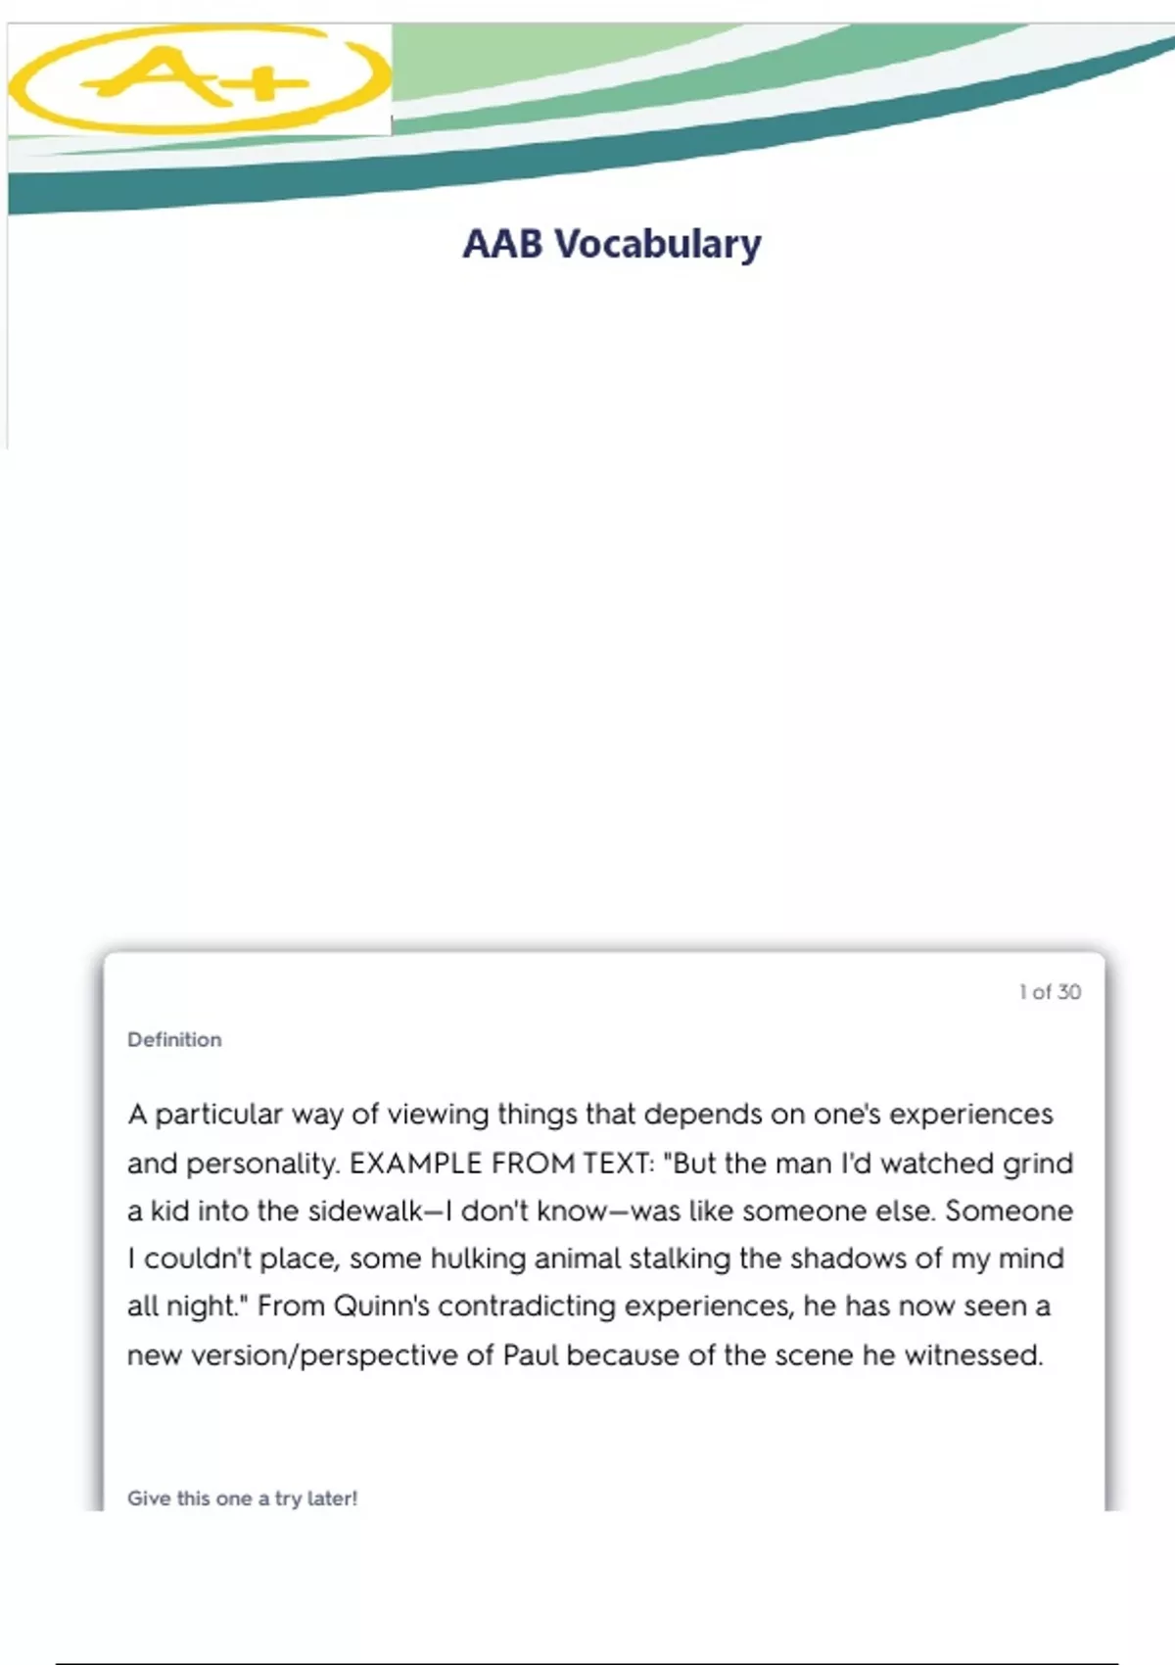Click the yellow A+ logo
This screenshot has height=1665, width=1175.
(x=201, y=78)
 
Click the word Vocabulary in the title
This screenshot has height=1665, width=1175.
(x=658, y=244)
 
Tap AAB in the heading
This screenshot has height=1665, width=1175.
(x=502, y=244)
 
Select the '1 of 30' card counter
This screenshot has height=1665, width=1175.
(x=1050, y=992)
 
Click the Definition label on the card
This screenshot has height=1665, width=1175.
(x=174, y=1040)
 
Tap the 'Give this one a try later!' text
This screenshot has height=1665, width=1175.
(x=242, y=1498)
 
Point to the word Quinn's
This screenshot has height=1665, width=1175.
(x=381, y=1307)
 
